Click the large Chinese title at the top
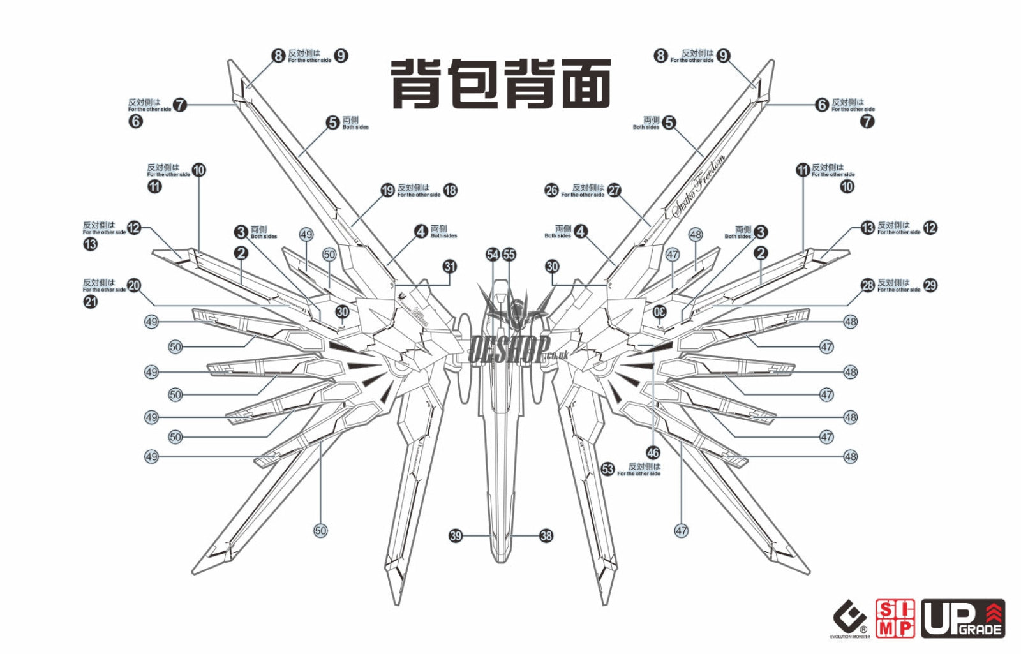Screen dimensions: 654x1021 click(500, 84)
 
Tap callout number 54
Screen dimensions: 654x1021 click(493, 255)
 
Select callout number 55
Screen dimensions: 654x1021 click(509, 255)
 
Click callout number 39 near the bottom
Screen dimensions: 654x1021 click(456, 536)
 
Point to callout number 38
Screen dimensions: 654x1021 click(546, 536)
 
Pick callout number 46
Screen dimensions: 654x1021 click(653, 453)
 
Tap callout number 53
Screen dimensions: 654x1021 click(607, 470)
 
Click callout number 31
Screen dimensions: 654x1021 click(450, 266)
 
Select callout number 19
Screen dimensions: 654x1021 click(387, 190)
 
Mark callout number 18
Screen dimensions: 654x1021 click(451, 190)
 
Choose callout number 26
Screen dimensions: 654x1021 click(551, 190)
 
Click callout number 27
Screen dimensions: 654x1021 click(614, 190)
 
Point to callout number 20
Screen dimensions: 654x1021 click(134, 285)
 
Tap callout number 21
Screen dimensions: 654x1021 click(91, 301)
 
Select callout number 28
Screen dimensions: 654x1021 click(868, 285)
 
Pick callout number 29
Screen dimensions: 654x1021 click(930, 285)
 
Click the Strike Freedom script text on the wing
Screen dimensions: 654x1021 click(699, 186)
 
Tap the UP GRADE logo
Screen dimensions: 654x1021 click(963, 619)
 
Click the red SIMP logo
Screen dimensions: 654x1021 click(895, 619)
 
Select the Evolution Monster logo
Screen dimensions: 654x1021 click(850, 620)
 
